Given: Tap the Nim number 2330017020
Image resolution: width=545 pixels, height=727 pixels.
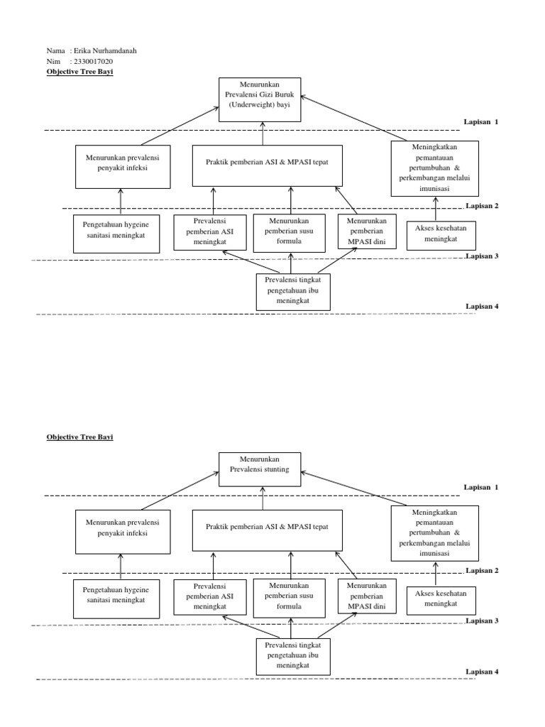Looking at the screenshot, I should (93, 62).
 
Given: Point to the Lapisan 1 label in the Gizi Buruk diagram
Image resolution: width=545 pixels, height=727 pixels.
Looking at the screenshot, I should (482, 121).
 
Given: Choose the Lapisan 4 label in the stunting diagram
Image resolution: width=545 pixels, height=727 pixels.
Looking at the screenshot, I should (482, 672).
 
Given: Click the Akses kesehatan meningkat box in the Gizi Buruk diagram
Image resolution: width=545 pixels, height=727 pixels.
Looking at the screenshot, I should (441, 236).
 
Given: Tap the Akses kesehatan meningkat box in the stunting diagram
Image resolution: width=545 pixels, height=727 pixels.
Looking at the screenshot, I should (441, 601).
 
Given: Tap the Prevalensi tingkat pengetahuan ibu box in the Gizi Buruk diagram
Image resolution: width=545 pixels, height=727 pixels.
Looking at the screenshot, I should (292, 291).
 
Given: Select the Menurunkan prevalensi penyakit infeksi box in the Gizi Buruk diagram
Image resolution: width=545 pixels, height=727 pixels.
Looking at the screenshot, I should (123, 167).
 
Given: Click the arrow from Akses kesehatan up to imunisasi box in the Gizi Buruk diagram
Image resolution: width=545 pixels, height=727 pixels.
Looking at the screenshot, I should (435, 209).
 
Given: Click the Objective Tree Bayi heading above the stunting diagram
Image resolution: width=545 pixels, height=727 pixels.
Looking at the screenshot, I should (79, 437).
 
